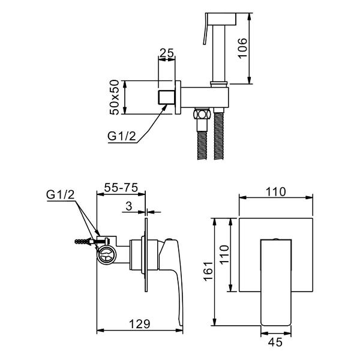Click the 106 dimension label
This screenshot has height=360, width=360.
click(242, 48)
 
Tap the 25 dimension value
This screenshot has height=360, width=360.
click(167, 53)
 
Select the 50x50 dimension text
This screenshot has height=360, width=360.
click(115, 97)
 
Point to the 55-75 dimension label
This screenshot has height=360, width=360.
click(121, 187)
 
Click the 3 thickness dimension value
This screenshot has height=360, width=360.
click(129, 206)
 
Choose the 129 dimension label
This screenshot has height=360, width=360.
click(140, 324)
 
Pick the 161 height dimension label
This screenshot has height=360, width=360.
click(208, 271)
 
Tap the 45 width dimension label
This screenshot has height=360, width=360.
click(275, 343)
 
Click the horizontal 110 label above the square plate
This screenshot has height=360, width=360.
click(276, 192)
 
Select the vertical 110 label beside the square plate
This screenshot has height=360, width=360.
click(224, 255)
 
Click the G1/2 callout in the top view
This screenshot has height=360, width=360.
click(122, 136)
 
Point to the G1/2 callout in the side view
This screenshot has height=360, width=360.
click(61, 195)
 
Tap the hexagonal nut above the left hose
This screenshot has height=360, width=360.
click(202, 114)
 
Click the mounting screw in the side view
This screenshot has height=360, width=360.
click(91, 241)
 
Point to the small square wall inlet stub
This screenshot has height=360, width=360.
click(167, 97)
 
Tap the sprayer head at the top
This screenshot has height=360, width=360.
click(221, 19)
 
